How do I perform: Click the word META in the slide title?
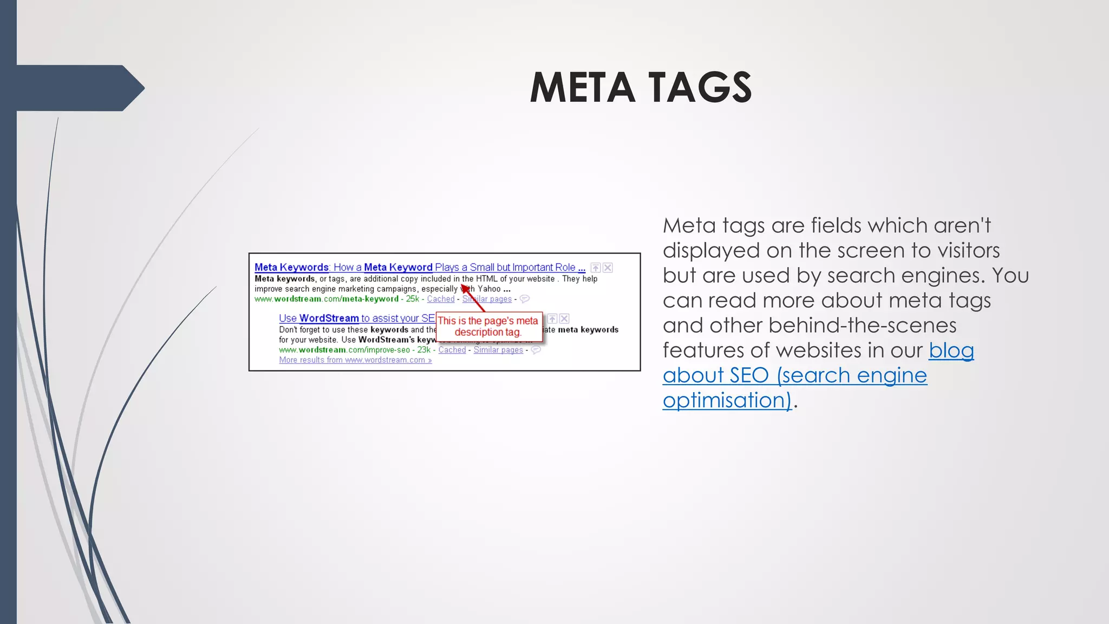(582, 87)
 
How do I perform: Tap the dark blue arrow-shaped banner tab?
(81, 88)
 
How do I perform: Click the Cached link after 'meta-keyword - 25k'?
(441, 299)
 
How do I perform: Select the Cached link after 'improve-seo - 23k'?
(452, 350)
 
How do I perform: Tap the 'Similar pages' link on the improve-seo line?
(498, 350)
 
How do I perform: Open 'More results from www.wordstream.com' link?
(355, 360)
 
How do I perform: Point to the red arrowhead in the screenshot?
(465, 288)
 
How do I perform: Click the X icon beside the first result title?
(608, 268)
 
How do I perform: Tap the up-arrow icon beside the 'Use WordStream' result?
(552, 318)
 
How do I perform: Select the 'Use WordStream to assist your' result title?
(357, 318)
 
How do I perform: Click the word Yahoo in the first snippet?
(489, 289)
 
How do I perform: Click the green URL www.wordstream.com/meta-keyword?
(327, 299)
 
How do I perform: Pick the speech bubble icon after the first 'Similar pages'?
(525, 299)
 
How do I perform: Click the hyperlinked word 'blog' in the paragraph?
(951, 350)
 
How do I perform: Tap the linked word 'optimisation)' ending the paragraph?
(727, 400)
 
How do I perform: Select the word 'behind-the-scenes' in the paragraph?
(863, 326)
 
